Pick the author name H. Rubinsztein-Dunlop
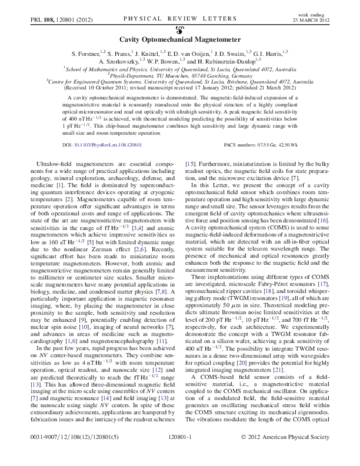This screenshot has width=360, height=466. pos(227,61)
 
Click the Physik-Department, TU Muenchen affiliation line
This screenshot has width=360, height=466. pos(179,74)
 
